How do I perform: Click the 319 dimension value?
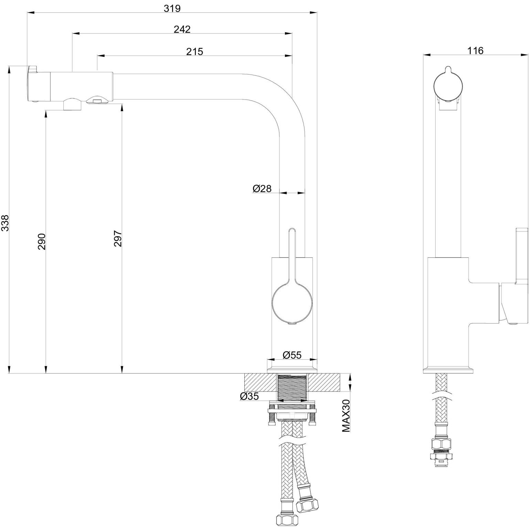pos(172,8)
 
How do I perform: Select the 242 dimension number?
pos(182,29)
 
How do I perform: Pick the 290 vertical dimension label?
pos(42,241)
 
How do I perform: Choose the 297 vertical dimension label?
pos(118,239)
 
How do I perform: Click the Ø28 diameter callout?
pos(262,188)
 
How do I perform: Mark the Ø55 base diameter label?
pos(292,355)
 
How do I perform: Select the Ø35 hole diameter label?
pos(250,396)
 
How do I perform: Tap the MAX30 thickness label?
pos(346,416)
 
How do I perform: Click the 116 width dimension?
pos(475,51)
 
